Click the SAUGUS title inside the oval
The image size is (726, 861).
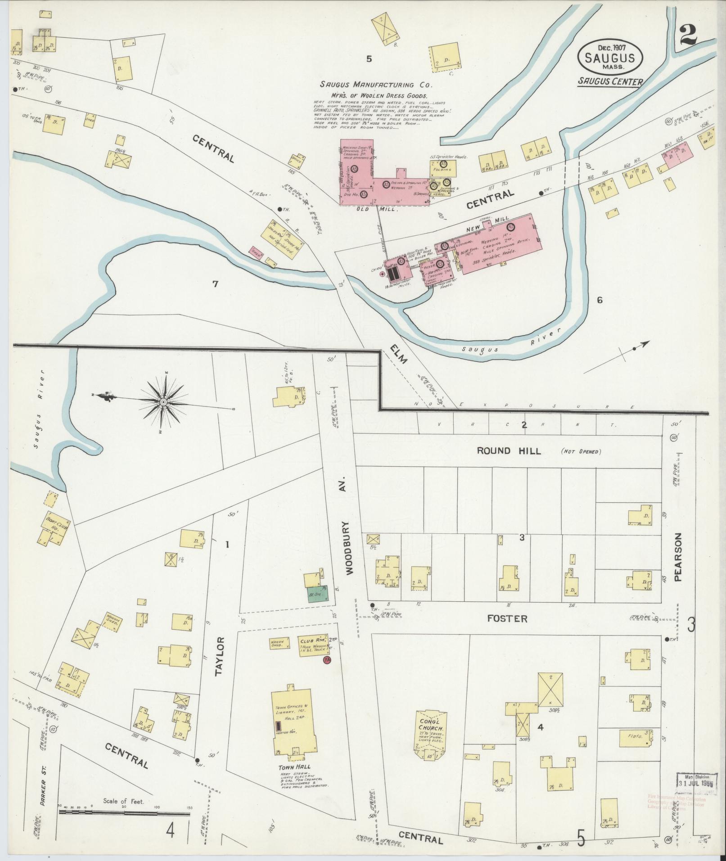610,58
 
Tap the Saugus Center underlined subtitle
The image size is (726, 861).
610,81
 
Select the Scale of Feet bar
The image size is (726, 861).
124,498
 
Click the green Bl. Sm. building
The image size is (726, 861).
317,594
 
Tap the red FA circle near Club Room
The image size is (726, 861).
327,660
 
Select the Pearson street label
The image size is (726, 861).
678,557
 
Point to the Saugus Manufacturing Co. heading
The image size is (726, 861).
376,84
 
